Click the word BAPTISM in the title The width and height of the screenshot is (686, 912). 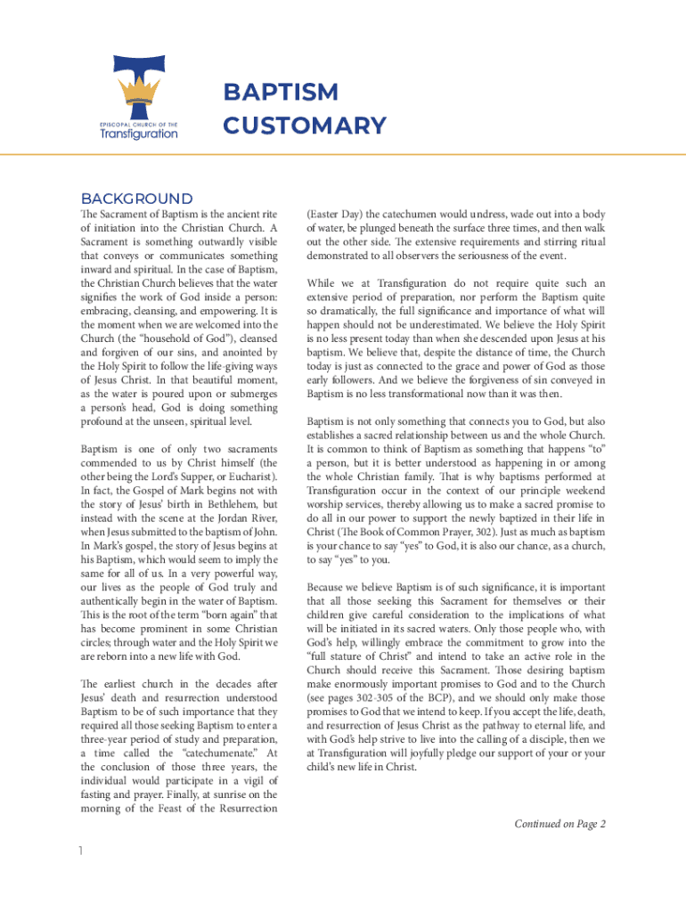pyautogui.click(x=281, y=93)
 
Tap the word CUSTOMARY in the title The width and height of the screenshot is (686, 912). pyautogui.click(x=305, y=126)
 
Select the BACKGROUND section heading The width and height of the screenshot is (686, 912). pyautogui.click(x=136, y=199)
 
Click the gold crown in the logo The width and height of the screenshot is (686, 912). pyautogui.click(x=138, y=90)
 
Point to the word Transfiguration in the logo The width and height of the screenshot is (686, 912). pyautogui.click(x=138, y=134)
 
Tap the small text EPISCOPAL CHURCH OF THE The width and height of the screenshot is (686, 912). pyautogui.click(x=138, y=122)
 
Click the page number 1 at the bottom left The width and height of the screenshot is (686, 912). pyautogui.click(x=81, y=851)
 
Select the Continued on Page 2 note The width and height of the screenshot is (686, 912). pyautogui.click(x=559, y=824)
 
